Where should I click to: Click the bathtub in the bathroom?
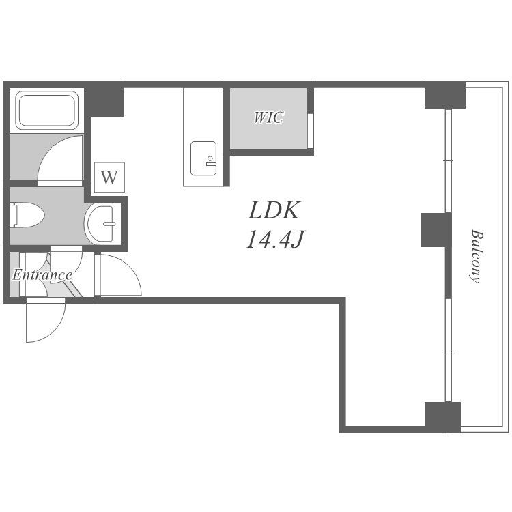(x=46, y=111)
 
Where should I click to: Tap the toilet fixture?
(x=27, y=215)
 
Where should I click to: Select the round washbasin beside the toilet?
(x=100, y=224)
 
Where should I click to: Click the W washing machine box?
(x=109, y=177)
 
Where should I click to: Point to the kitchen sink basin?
(x=203, y=158)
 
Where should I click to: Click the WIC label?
(x=269, y=117)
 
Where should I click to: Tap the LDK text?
(x=274, y=211)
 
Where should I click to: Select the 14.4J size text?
(x=275, y=240)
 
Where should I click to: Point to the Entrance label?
(x=42, y=275)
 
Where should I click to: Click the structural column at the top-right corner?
(x=444, y=95)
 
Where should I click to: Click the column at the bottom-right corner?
(x=442, y=417)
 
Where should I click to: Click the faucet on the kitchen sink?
(x=211, y=161)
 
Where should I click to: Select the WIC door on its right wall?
(x=311, y=131)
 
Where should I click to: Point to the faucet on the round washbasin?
(x=109, y=224)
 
